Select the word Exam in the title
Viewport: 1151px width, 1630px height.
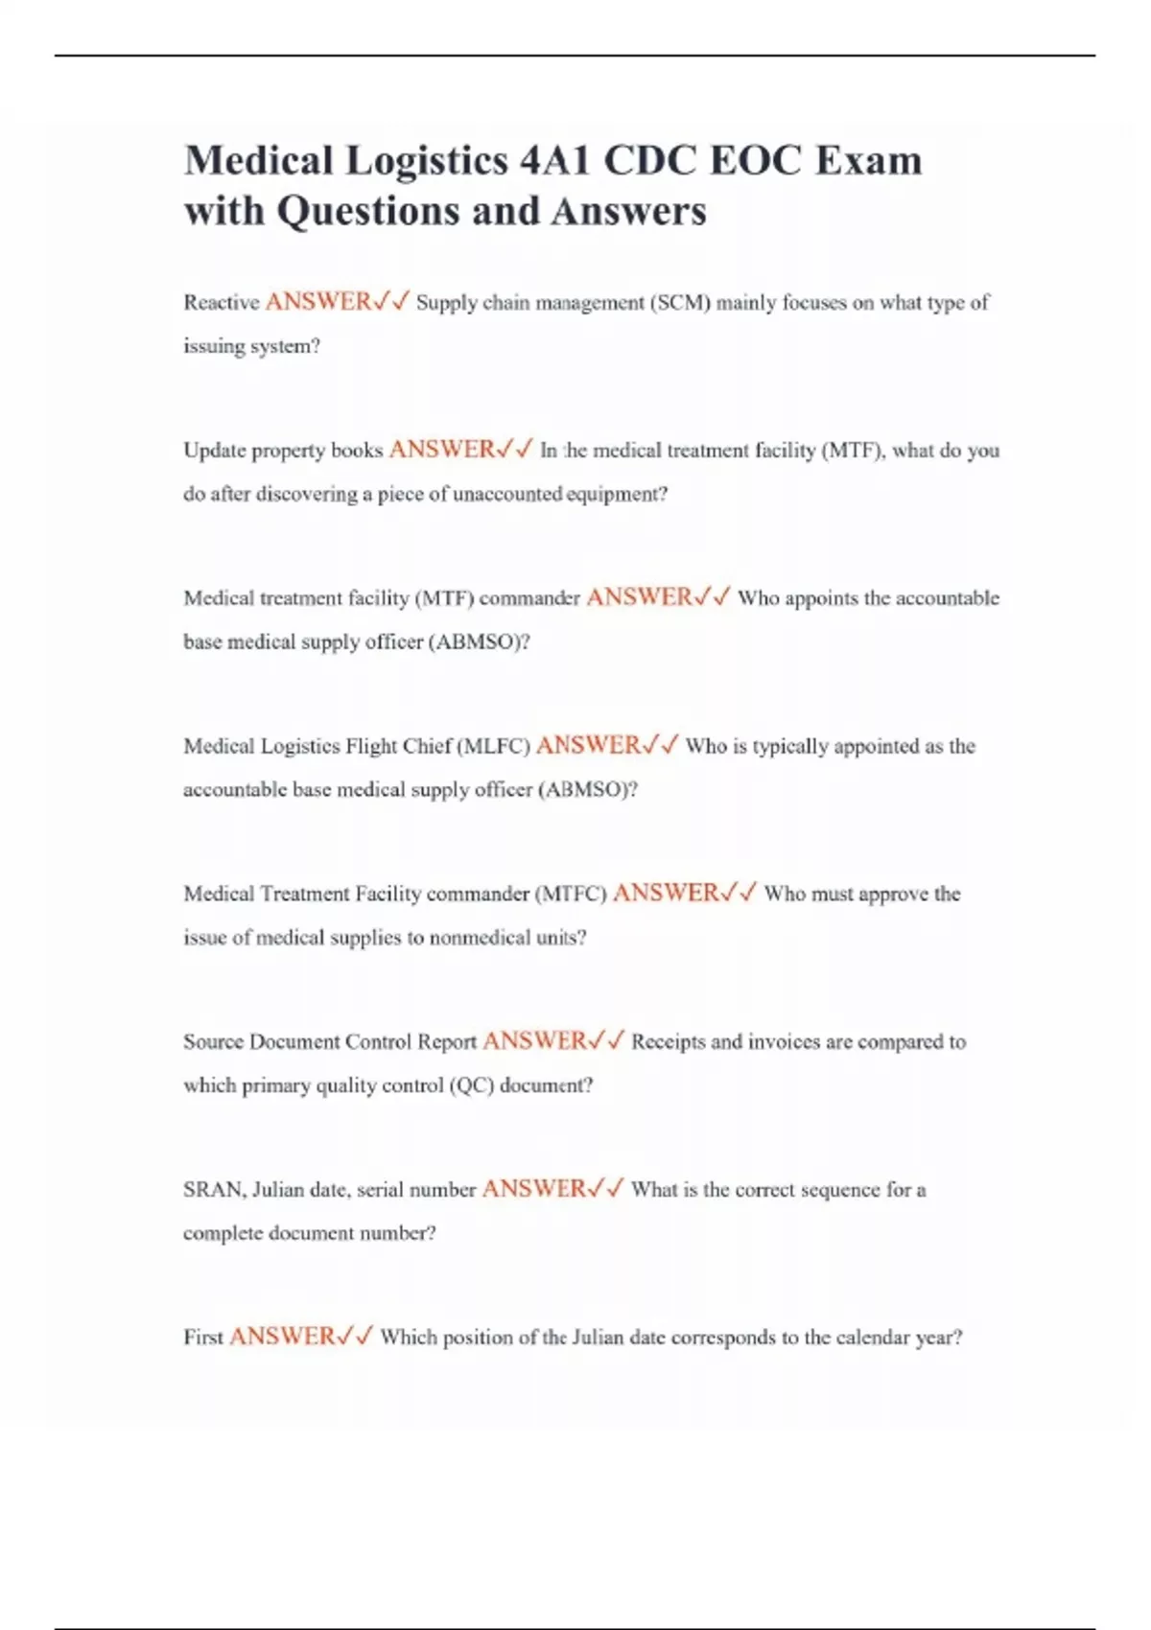(868, 159)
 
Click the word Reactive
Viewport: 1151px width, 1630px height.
(222, 302)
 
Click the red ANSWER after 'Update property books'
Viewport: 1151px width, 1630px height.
(441, 450)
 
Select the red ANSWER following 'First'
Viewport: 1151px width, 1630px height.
(282, 1337)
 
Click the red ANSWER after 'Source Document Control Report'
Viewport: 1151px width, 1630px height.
(534, 1041)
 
